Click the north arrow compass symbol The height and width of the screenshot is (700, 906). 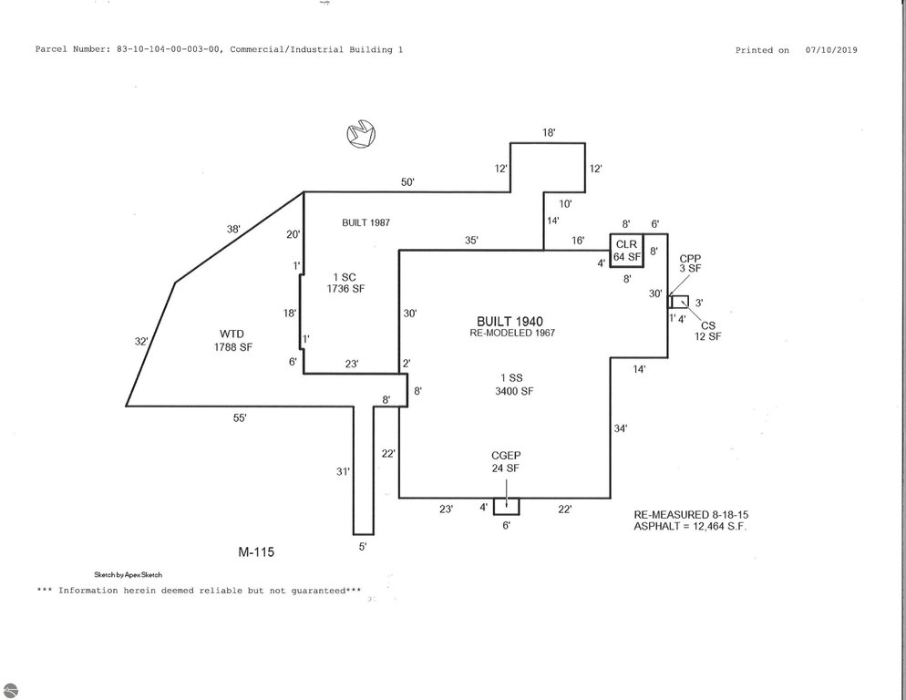[361, 133]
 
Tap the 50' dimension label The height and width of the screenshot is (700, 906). [408, 182]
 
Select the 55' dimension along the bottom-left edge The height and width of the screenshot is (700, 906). [240, 418]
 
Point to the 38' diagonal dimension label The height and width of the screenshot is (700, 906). [233, 229]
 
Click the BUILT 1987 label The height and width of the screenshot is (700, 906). [365, 222]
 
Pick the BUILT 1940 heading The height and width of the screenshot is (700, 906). [510, 322]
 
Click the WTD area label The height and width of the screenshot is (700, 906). [232, 335]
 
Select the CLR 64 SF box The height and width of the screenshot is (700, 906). [627, 251]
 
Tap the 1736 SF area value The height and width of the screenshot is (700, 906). [345, 288]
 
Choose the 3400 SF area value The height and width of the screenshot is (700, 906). [514, 391]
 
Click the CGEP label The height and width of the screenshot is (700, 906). [506, 456]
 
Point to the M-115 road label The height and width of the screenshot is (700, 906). [256, 552]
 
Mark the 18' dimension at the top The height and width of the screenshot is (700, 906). [549, 132]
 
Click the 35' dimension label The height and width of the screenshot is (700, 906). [471, 241]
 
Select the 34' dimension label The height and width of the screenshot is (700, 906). [621, 428]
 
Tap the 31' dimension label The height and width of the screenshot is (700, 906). [344, 471]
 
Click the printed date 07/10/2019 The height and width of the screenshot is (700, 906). [831, 50]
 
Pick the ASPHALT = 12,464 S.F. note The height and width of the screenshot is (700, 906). [691, 526]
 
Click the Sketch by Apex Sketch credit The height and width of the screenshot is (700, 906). [129, 574]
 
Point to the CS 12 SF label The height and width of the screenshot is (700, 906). [708, 331]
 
